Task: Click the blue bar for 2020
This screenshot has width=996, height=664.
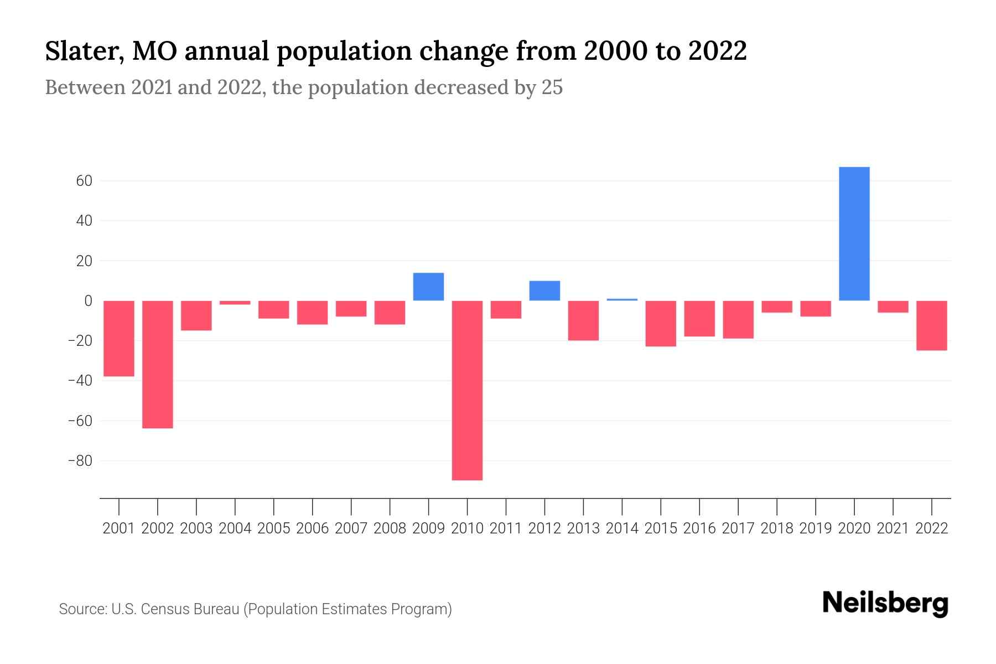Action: (x=854, y=234)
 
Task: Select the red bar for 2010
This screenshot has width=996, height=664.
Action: (x=467, y=390)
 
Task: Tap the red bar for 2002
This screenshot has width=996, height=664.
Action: (x=158, y=364)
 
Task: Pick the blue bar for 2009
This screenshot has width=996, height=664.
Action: (x=428, y=287)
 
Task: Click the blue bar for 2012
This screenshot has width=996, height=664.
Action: (x=544, y=290)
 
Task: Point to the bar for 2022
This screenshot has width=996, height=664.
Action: (x=931, y=325)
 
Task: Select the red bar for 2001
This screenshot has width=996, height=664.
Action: (x=119, y=338)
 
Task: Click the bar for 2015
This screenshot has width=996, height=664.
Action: (x=661, y=323)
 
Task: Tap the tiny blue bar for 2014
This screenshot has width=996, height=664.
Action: (x=622, y=299)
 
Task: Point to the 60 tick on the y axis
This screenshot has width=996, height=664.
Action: (x=80, y=181)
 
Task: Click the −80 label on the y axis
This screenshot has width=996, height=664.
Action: (x=80, y=461)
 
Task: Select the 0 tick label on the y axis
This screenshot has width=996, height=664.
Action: (x=87, y=301)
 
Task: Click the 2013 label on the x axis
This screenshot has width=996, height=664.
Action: (x=583, y=528)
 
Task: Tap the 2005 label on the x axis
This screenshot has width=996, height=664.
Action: (x=274, y=528)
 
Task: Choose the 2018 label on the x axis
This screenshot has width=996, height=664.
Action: (x=777, y=528)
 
